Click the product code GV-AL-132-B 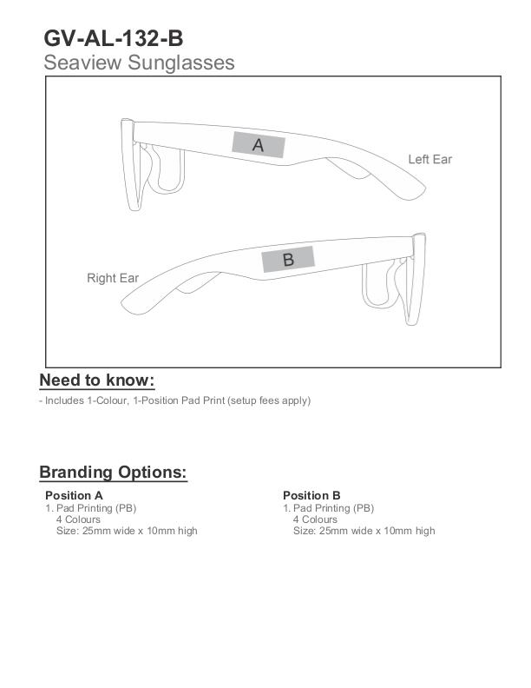pos(113,38)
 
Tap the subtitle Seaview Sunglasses pos(139,63)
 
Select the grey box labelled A pos(258,145)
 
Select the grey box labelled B pos(288,259)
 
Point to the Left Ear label pos(429,159)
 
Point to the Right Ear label pos(113,278)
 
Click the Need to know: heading pos(96,380)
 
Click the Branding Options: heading pos(113,473)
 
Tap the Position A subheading pos(74,495)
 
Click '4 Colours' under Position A pos(78,519)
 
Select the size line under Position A pos(127,531)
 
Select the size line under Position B pos(364,531)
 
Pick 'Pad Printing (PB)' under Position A pos(95,508)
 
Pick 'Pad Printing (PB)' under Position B pos(333,508)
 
